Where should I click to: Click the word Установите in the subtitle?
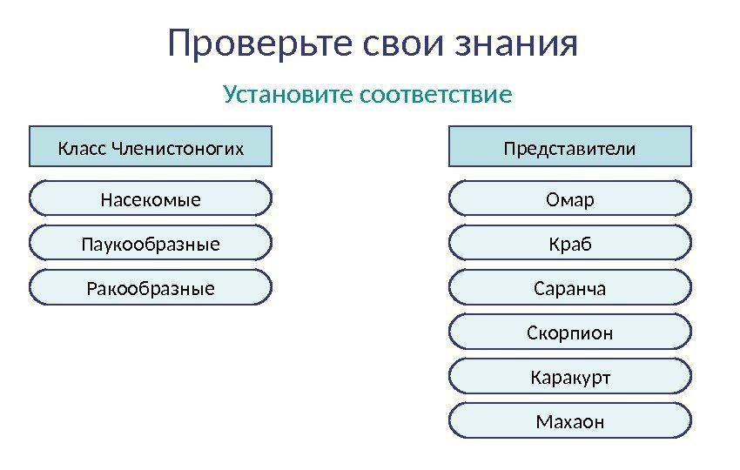point(286,93)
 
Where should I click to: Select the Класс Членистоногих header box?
point(151,146)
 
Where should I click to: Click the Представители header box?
point(569,146)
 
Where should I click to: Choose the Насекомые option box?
point(151,198)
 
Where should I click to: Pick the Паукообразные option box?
point(151,243)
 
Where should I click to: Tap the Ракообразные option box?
point(151,287)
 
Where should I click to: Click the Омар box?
point(569,198)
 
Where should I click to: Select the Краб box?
point(569,243)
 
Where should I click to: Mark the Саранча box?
point(569,287)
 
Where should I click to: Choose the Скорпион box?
point(569,332)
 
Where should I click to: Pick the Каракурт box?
point(569,377)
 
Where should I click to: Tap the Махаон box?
point(569,421)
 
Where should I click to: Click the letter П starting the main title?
point(180,44)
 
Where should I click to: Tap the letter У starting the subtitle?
point(230,93)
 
